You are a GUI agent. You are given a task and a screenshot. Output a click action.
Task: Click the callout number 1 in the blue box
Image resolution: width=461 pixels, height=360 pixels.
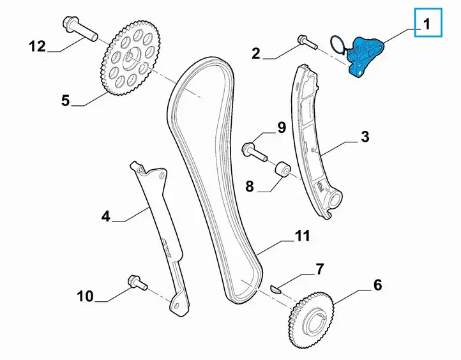point(427,24)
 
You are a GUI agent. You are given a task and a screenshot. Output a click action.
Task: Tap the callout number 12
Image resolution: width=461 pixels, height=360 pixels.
point(37,47)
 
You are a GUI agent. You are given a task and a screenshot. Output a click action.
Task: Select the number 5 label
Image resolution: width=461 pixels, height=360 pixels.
point(65,100)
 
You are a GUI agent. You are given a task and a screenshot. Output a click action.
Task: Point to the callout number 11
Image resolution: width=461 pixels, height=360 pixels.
point(302,236)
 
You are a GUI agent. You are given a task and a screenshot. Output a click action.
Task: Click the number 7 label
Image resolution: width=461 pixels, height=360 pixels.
point(319,269)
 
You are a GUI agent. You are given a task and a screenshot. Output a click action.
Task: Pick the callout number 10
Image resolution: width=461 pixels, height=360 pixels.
point(86,296)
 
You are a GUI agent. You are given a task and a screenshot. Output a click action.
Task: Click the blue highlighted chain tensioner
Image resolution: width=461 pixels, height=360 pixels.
point(365,56)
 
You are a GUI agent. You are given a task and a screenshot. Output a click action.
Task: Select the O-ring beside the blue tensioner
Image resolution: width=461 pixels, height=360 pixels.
point(338,45)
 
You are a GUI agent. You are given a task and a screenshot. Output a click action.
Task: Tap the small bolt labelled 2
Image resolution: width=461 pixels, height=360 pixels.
point(307,42)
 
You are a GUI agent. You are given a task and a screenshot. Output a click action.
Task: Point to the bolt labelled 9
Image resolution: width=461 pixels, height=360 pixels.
point(254,151)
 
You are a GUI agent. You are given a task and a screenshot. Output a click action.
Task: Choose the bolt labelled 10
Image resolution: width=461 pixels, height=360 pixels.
point(137,283)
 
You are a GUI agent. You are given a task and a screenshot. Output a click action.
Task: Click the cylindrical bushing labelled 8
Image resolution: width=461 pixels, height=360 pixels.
point(283,170)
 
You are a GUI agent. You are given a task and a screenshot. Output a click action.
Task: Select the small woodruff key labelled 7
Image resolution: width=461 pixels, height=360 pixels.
point(276,289)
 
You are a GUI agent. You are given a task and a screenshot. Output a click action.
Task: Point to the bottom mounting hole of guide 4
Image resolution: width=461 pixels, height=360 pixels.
point(176,306)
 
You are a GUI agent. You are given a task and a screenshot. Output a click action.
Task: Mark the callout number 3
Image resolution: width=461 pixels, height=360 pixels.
point(365,137)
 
